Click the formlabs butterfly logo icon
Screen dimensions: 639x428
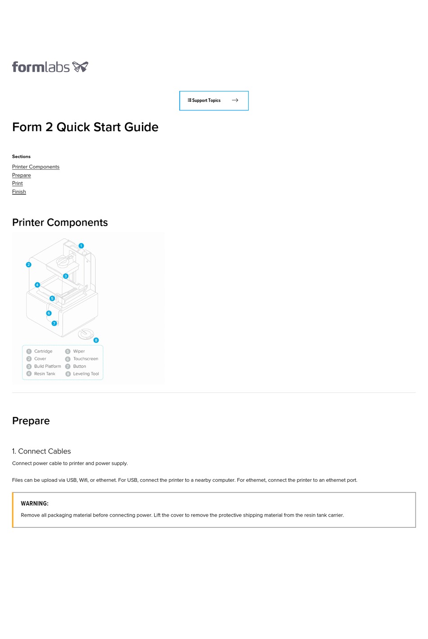pyautogui.click(x=80, y=67)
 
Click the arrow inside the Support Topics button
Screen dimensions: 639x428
pyautogui.click(x=235, y=100)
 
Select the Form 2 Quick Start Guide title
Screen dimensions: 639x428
pyautogui.click(x=85, y=127)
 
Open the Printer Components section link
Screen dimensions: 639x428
pyautogui.click(x=36, y=167)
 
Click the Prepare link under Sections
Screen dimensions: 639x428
pyautogui.click(x=22, y=175)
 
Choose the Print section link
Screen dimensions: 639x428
pyautogui.click(x=18, y=183)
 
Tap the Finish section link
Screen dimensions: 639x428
pyautogui.click(x=19, y=192)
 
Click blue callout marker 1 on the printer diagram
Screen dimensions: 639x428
pyautogui.click(x=81, y=246)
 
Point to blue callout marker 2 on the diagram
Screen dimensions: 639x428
pyautogui.click(x=28, y=265)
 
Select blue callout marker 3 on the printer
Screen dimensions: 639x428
pyautogui.click(x=66, y=276)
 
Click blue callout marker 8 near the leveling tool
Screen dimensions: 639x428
pyautogui.click(x=96, y=340)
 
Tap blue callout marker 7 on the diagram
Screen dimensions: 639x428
pyautogui.click(x=54, y=323)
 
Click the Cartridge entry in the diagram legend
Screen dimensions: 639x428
pyautogui.click(x=43, y=351)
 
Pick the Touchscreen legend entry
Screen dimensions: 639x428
pyautogui.click(x=86, y=359)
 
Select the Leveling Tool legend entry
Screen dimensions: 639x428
pyautogui.click(x=86, y=374)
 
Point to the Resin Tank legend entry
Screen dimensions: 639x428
pyautogui.click(x=45, y=374)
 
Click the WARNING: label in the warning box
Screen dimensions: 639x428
pyautogui.click(x=35, y=503)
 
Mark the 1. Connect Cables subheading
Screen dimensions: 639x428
pyautogui.click(x=41, y=451)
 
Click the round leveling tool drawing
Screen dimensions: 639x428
pyautogui.click(x=86, y=334)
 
